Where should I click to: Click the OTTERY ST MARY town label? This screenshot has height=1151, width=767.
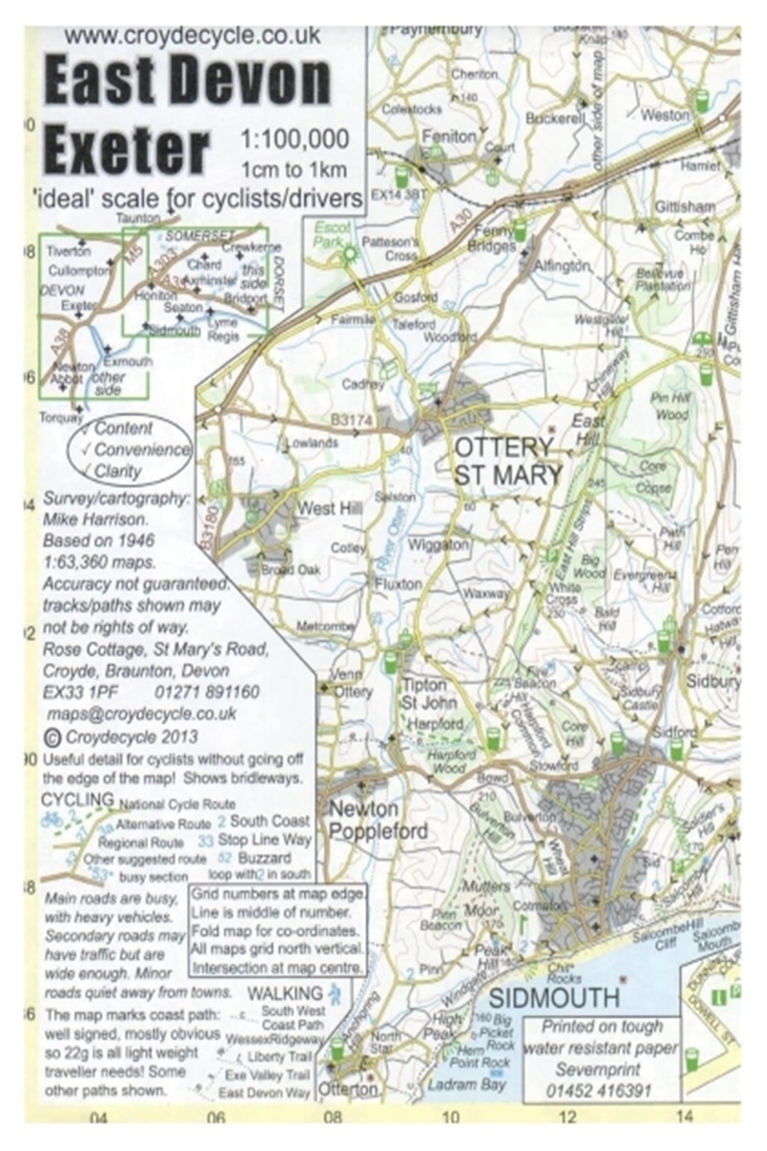(503, 460)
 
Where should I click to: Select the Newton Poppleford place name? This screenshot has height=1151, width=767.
(377, 820)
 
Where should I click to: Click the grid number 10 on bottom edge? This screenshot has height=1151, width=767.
(449, 1117)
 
